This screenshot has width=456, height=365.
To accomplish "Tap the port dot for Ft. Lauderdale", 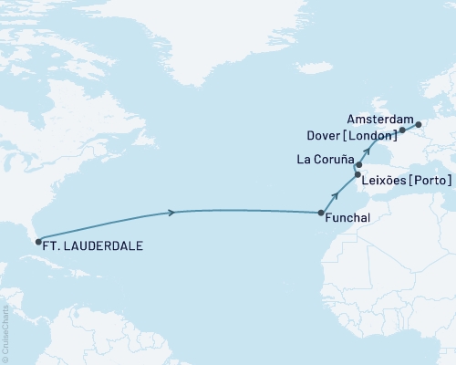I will coord(37,242).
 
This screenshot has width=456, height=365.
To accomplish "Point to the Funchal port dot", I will coord(321,213).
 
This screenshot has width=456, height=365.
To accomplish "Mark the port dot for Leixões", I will coord(358,174).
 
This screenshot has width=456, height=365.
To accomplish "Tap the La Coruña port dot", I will coord(358,165).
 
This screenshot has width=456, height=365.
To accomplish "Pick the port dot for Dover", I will coord(401,130).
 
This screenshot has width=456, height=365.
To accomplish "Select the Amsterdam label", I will coord(381,119).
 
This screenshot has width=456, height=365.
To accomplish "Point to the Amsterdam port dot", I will coord(419,124).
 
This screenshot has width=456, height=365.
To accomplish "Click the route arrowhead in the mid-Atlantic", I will coord(171,214).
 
